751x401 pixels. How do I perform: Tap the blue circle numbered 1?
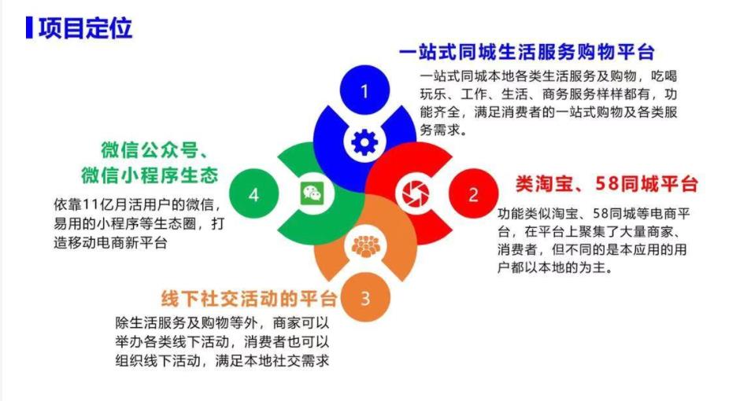click(x=364, y=91)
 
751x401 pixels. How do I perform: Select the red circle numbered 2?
click(x=473, y=194)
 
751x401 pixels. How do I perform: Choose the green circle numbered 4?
click(x=253, y=194)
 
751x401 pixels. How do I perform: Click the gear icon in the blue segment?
click(x=364, y=142)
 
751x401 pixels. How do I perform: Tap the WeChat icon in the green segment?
click(x=312, y=193)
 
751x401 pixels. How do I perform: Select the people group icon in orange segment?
click(x=364, y=245)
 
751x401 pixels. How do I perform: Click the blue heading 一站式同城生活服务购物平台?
click(x=527, y=53)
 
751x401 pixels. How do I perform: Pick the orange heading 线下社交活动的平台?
click(x=250, y=299)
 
